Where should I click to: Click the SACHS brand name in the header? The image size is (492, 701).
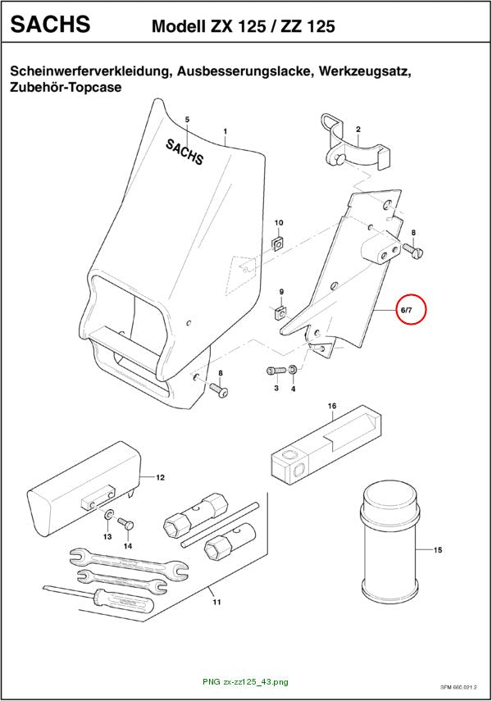(x=50, y=24)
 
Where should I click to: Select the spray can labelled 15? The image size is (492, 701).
(x=389, y=541)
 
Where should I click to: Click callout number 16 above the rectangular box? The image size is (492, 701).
(x=332, y=406)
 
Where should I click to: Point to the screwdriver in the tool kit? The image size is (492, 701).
(x=98, y=596)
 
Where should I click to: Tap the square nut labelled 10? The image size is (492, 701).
(x=278, y=244)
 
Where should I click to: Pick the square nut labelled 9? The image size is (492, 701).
(x=280, y=313)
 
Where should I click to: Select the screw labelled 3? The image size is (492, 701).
(x=276, y=370)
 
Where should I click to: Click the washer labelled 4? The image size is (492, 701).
(x=293, y=370)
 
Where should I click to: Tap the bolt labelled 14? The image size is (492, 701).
(x=125, y=523)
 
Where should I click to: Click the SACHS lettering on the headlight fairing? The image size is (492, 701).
(x=184, y=151)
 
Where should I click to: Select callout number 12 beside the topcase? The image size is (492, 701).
(x=160, y=477)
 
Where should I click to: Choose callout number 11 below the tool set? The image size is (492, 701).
(x=217, y=602)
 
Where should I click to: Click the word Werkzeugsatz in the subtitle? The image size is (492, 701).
(x=365, y=71)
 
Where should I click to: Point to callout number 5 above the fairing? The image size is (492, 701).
(x=188, y=120)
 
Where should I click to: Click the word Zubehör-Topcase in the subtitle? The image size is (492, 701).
(x=66, y=87)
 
